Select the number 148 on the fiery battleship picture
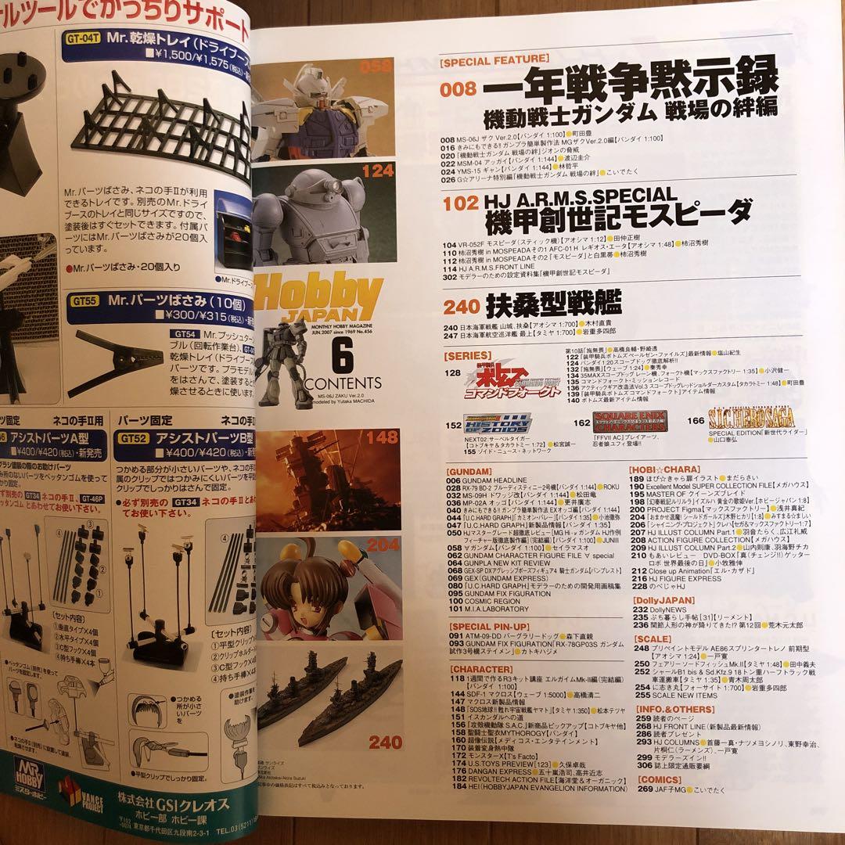[x=382, y=438]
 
